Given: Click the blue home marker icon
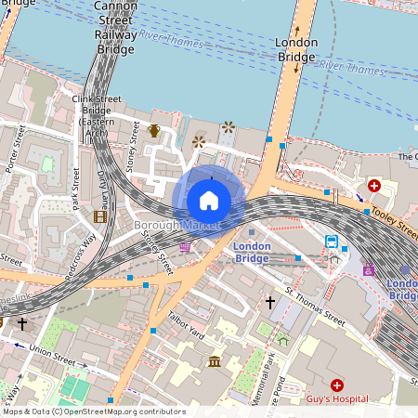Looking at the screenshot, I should [x=209, y=201].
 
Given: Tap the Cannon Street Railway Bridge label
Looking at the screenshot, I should [x=116, y=28].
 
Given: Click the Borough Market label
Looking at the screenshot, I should [x=176, y=226].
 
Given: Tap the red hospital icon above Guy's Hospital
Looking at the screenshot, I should [x=336, y=385].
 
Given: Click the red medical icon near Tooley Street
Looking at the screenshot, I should [x=374, y=186].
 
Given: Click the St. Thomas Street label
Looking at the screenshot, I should [x=315, y=307].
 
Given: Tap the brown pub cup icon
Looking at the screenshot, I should [x=154, y=131].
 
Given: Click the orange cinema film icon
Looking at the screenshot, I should [x=99, y=216].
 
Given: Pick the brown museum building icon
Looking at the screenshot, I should [x=216, y=360].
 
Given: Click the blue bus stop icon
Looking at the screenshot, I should [x=332, y=242].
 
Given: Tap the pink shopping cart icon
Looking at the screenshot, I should [x=186, y=247].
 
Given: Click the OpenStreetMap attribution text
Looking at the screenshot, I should [x=93, y=411].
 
